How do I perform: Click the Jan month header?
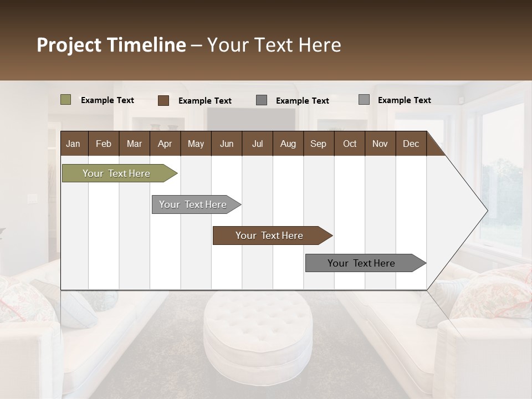pos(74,144)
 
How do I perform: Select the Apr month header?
pos(165,144)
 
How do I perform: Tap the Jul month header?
pos(257,144)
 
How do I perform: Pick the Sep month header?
pos(318,144)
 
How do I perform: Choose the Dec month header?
pos(411,144)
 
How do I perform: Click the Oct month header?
pos(350,144)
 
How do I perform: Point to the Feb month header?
pos(104,144)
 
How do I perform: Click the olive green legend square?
pos(65,100)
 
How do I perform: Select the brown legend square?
pos(163,100)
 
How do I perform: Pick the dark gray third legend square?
pos(262,100)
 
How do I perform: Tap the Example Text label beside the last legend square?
pos(404,100)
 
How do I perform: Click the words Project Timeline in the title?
pos(111,45)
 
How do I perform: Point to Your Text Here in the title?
pos(274,45)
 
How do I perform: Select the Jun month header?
pos(227,144)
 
